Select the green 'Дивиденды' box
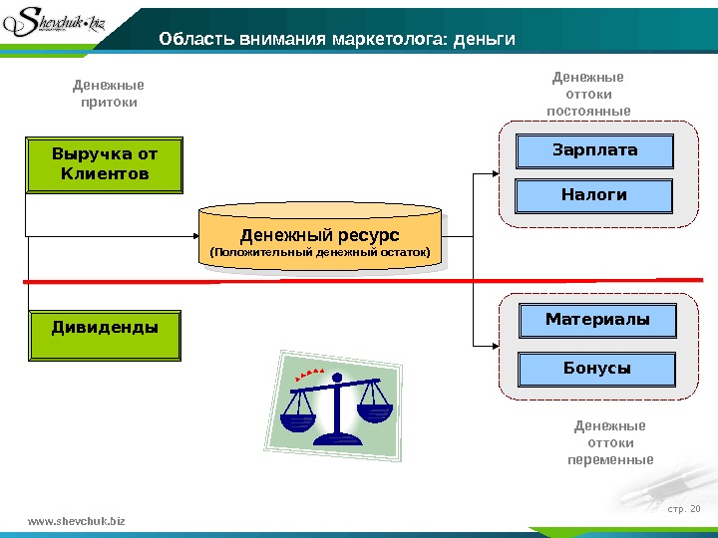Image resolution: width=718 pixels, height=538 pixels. pyautogui.click(x=105, y=335)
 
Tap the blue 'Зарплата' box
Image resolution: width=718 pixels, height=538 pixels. pyautogui.click(x=594, y=151)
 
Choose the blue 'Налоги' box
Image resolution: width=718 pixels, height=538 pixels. pyautogui.click(x=594, y=195)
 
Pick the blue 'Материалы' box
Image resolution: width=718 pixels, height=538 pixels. pyautogui.click(x=597, y=320)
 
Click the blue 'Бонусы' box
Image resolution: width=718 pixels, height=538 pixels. pyautogui.click(x=597, y=369)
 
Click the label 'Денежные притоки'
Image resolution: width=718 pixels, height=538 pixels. pyautogui.click(x=109, y=94)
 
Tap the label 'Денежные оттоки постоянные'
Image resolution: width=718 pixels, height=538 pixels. pyautogui.click(x=588, y=94)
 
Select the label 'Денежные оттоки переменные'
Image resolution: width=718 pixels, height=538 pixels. pyautogui.click(x=610, y=443)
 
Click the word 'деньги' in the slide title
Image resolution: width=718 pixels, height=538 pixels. pyautogui.click(x=484, y=40)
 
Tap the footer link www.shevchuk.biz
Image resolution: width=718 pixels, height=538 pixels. pyautogui.click(x=77, y=521)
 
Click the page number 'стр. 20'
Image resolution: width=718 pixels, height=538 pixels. pyautogui.click(x=683, y=511)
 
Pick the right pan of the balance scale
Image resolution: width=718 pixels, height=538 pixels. pyautogui.click(x=375, y=411)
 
